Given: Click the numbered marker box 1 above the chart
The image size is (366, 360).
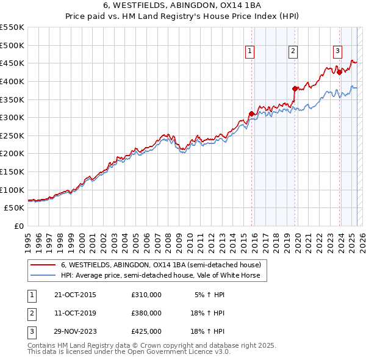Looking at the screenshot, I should tap(250, 52).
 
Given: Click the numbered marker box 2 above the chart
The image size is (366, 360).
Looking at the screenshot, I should tap(293, 52).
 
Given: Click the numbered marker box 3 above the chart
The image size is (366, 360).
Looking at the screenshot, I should tap(337, 52).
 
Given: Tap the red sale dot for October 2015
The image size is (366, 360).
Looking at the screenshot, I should tap(251, 113).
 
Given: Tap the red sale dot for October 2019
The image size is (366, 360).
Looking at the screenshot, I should tap(295, 88).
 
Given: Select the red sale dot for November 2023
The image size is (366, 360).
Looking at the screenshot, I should tap(339, 72).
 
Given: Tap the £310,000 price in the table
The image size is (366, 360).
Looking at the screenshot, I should tap(146, 295).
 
